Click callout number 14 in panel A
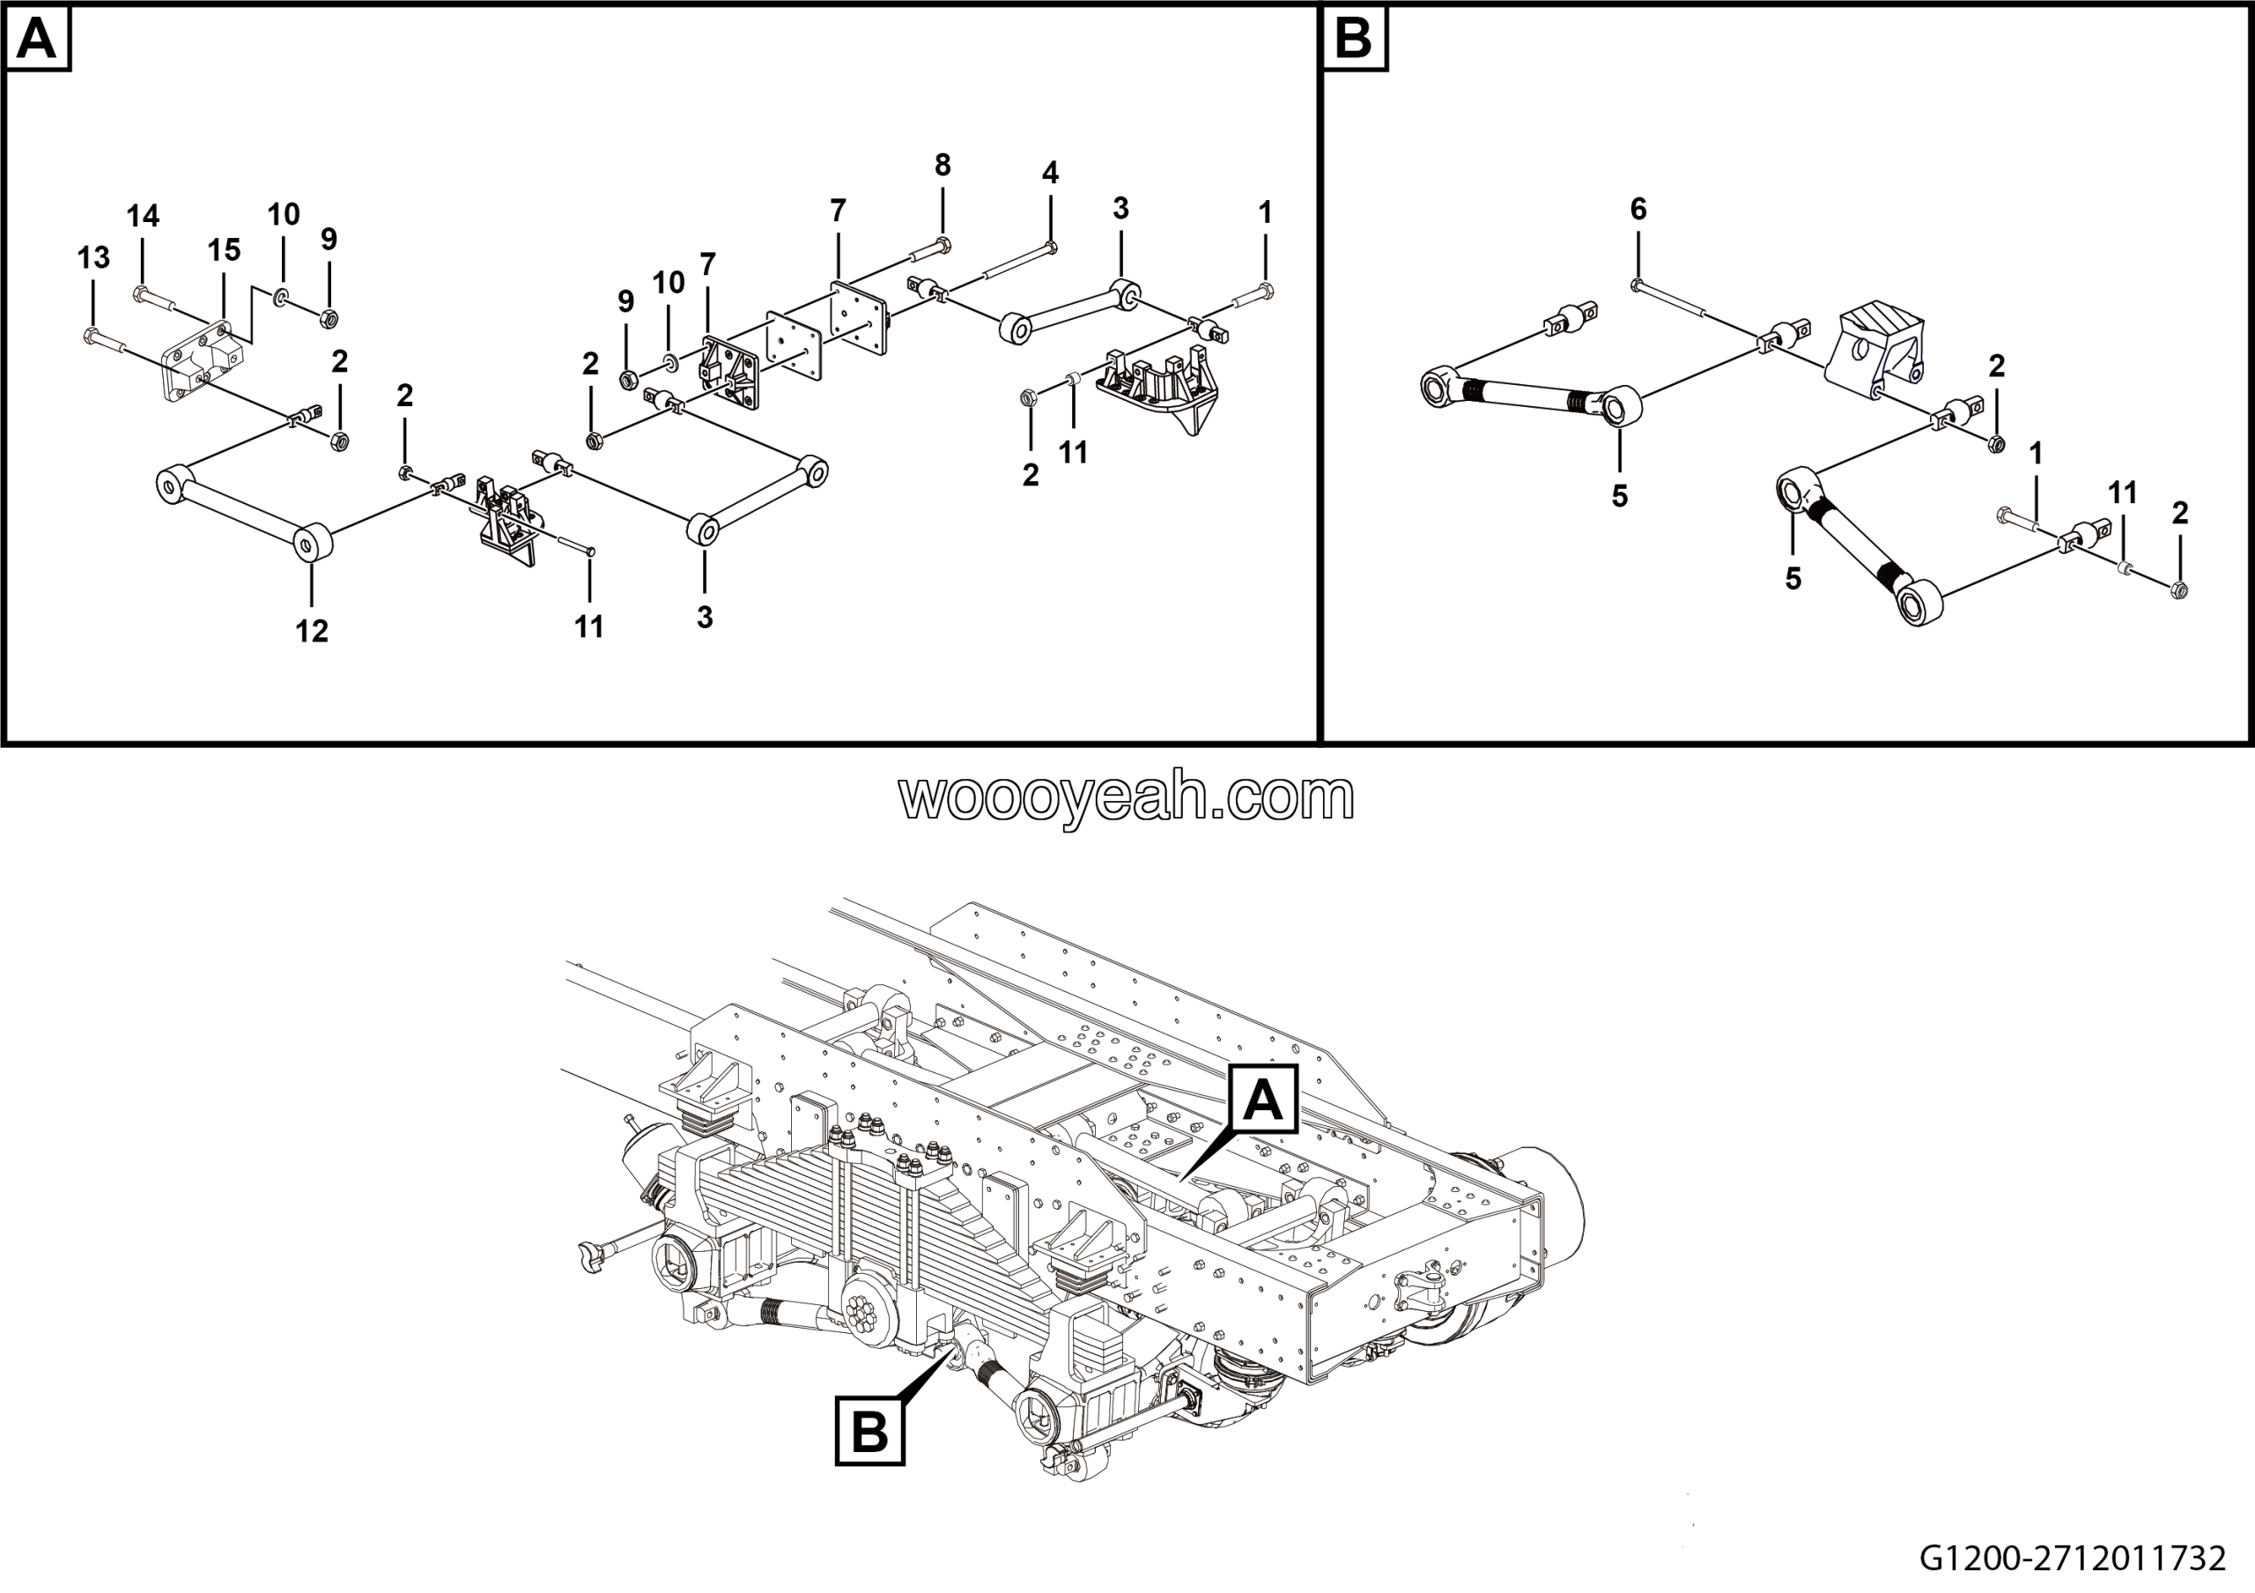pyautogui.click(x=143, y=216)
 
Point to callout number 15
pyautogui.click(x=224, y=250)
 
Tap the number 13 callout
pyautogui.click(x=93, y=258)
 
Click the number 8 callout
pyautogui.click(x=943, y=166)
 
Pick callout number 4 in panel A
pyautogui.click(x=1050, y=173)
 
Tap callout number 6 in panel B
pyautogui.click(x=1638, y=208)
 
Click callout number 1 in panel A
pyautogui.click(x=1265, y=212)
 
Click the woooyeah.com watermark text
pyautogui.click(x=1127, y=796)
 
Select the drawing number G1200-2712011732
pyautogui.click(x=2073, y=1559)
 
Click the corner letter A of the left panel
pyautogui.click(x=37, y=40)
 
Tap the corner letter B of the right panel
pyautogui.click(x=1355, y=40)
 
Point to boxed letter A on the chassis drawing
pyautogui.click(x=1263, y=1100)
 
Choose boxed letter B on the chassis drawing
pyautogui.click(x=870, y=1432)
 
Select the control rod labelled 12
pyautogui.click(x=245, y=514)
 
